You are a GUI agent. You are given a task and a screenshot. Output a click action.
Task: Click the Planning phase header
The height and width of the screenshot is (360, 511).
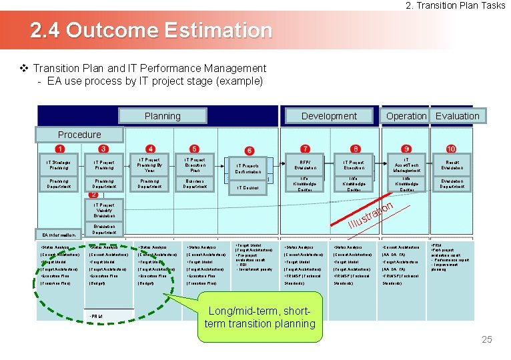tap(163, 116)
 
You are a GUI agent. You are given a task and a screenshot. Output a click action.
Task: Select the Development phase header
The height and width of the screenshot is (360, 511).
tap(329, 116)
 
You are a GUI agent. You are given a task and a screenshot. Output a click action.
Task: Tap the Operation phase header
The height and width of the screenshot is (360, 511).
tap(406, 116)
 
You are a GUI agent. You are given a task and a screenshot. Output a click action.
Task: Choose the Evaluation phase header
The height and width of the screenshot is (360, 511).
tap(457, 116)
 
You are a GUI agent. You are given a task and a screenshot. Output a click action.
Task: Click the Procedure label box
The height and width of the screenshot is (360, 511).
tap(79, 135)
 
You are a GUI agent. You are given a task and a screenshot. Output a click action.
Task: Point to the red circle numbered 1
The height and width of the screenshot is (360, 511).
tap(60, 149)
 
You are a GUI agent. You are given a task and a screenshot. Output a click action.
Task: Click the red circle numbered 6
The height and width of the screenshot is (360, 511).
tap(249, 151)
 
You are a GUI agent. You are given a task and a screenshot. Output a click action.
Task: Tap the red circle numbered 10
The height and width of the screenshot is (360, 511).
tap(452, 149)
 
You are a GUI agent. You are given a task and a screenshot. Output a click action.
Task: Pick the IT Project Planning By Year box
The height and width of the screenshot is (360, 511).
tap(150, 165)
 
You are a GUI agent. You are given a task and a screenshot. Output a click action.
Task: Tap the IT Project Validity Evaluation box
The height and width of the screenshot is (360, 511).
tap(104, 211)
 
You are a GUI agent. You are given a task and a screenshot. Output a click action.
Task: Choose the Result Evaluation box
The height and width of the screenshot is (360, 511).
tap(452, 165)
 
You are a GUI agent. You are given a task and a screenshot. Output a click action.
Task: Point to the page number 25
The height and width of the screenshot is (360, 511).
tap(486, 340)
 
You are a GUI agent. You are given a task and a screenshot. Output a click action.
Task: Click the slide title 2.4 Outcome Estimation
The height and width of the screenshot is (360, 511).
tap(152, 31)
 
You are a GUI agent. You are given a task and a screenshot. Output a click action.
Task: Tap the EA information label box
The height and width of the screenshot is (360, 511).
tap(59, 234)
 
